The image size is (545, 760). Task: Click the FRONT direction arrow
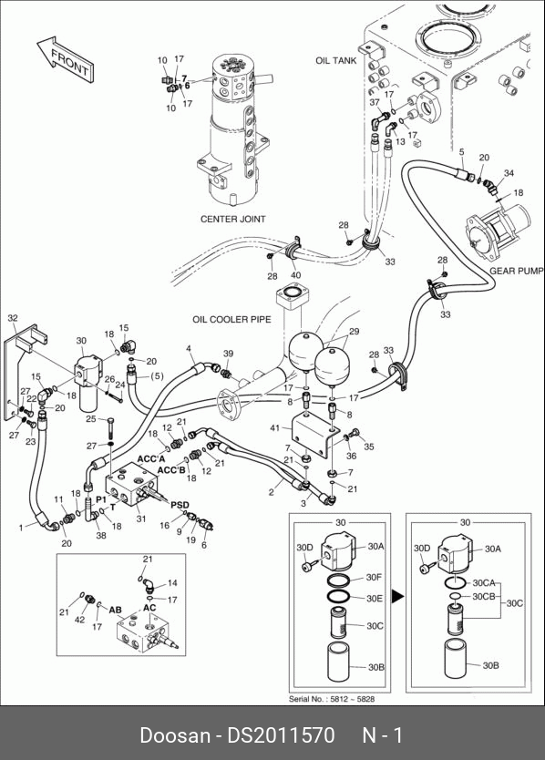66,59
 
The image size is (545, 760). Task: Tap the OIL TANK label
336,60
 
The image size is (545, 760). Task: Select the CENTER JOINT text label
233,219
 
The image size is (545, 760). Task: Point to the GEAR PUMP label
517,271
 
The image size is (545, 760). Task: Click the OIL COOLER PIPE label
231,320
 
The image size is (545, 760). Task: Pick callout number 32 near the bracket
13,318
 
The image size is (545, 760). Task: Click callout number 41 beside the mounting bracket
275,428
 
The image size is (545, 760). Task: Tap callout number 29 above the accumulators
355,332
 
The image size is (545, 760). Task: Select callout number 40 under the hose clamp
295,275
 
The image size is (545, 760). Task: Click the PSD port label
180,505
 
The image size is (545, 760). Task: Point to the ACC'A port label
151,458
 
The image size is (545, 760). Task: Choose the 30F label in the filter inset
374,577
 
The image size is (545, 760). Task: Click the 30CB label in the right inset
484,596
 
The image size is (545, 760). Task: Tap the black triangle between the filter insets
398,596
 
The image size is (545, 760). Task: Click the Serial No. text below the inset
332,699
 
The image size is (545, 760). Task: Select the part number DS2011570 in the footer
282,735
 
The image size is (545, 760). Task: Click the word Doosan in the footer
175,735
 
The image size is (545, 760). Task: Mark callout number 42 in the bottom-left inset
80,620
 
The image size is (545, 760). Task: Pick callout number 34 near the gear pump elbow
509,173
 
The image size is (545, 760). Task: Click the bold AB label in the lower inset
115,610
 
